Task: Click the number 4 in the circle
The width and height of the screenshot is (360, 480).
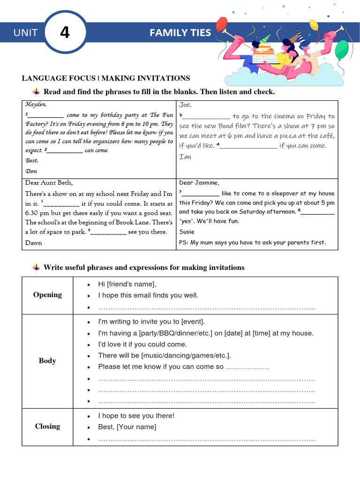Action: (65, 33)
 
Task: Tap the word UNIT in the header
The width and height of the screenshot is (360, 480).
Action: (25, 33)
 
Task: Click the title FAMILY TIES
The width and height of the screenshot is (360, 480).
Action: (180, 33)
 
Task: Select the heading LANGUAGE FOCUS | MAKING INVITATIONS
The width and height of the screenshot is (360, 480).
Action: (106, 78)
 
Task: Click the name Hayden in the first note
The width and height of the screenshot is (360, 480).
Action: (36, 105)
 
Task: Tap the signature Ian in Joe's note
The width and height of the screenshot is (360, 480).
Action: (185, 157)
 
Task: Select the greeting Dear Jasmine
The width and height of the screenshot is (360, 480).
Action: (199, 183)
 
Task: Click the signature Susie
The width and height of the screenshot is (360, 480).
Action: (187, 232)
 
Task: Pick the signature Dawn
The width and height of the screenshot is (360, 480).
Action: (34, 243)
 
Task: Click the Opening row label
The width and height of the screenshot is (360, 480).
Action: (47, 295)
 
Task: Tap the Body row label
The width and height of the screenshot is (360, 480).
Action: (47, 361)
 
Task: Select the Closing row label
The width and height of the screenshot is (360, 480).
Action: (47, 427)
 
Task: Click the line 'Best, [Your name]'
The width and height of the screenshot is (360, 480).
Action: (127, 427)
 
